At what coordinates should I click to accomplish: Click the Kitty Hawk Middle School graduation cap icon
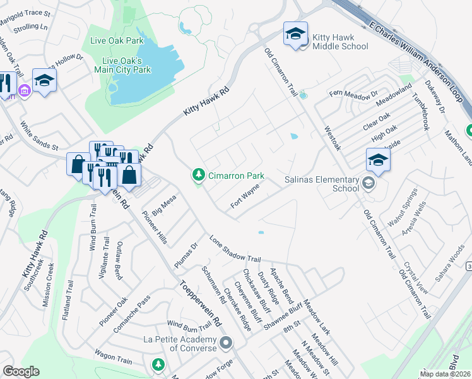[x=295, y=34]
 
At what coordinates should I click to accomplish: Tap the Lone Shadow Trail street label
[x=235, y=250]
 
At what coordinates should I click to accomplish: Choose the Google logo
[x=21, y=371]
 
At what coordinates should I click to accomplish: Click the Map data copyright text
[x=445, y=374]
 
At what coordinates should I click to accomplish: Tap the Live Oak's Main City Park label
[x=126, y=65]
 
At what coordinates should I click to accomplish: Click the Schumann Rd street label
[x=214, y=284]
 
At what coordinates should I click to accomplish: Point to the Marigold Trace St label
[x=25, y=14]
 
